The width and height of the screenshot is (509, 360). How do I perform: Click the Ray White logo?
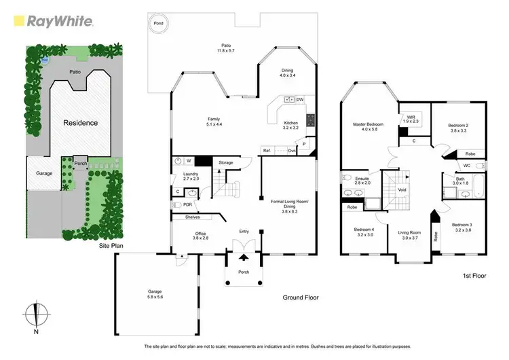pyautogui.click(x=52, y=20)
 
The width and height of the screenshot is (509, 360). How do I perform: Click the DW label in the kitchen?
pyautogui.click(x=300, y=99)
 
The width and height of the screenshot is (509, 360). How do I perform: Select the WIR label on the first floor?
pyautogui.click(x=411, y=118)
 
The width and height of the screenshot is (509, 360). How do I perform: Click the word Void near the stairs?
pyautogui.click(x=402, y=190)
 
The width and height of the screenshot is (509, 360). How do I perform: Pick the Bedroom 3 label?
pyautogui.click(x=461, y=227)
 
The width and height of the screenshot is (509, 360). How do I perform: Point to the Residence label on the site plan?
pyautogui.click(x=81, y=123)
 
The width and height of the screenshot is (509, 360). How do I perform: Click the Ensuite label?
pyautogui.click(x=362, y=181)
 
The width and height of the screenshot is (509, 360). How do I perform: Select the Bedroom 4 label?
pyautogui.click(x=364, y=232)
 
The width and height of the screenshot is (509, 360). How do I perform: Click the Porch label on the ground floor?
pyautogui.click(x=244, y=272)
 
